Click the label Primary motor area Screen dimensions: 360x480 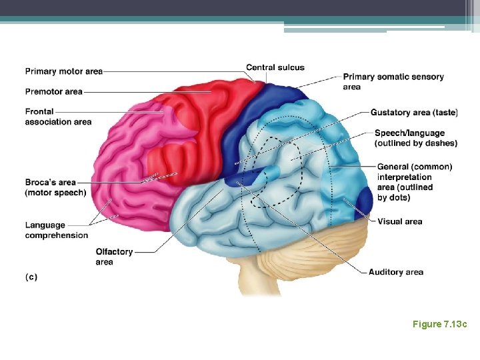pyautogui.click(x=64, y=71)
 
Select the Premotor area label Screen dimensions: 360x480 pyautogui.click(x=54, y=91)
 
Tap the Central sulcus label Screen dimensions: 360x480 pyautogui.click(x=275, y=67)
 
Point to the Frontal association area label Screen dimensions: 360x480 pyautogui.click(x=58, y=117)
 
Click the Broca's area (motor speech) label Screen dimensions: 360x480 pyautogui.click(x=55, y=187)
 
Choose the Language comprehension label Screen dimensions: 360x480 pyautogui.click(x=57, y=230)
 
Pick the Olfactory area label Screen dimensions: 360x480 pyautogui.click(x=114, y=257)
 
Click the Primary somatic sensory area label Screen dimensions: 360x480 pyautogui.click(x=393, y=81)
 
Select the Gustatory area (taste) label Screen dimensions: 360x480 pyautogui.click(x=414, y=112)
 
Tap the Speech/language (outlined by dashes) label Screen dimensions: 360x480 pyautogui.click(x=416, y=138)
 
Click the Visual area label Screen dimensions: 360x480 pyautogui.click(x=399, y=221)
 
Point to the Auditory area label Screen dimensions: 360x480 pyautogui.click(x=396, y=272)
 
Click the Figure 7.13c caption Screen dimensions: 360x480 pyautogui.click(x=439, y=324)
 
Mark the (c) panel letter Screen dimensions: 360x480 pyautogui.click(x=31, y=277)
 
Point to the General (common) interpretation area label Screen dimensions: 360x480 pyautogui.click(x=414, y=181)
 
